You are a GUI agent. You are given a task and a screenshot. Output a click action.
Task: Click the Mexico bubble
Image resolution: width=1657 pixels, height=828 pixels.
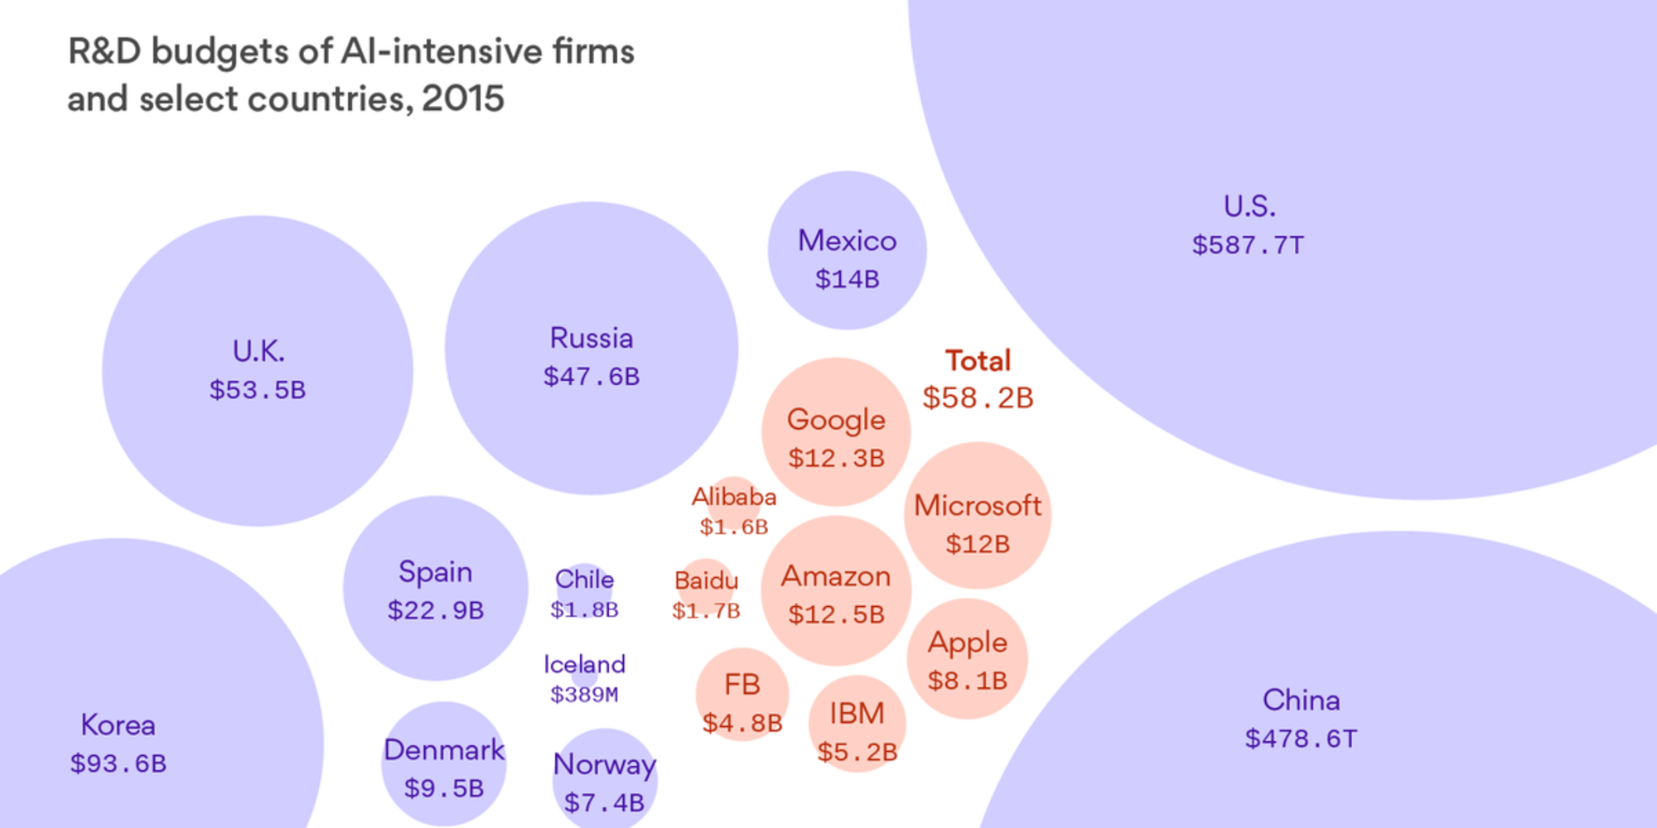847,250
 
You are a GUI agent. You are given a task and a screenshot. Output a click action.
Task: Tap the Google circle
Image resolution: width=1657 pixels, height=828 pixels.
836,432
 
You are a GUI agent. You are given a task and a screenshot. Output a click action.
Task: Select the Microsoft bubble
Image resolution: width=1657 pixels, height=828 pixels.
978,515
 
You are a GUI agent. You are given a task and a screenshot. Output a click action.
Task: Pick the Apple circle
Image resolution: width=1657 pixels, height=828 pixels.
967,659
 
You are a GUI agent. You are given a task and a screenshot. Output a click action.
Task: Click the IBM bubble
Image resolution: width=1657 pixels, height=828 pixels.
857,724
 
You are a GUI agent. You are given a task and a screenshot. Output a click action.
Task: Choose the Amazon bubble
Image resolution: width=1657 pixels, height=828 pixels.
836,590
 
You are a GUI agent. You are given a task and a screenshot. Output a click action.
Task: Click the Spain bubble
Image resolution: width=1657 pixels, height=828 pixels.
436,589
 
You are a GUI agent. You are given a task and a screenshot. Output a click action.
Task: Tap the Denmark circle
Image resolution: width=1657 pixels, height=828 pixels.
444,763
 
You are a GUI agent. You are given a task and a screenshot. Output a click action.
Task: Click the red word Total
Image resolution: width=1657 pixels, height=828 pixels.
978,361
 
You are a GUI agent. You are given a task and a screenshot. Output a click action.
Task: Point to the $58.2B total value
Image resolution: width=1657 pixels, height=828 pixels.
978,398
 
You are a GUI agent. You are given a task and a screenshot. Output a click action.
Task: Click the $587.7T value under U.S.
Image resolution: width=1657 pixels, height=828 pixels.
1248,245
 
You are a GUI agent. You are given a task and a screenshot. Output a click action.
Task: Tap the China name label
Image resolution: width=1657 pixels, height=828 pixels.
1301,700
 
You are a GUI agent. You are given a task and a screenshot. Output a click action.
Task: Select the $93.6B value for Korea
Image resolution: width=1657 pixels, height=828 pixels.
118,763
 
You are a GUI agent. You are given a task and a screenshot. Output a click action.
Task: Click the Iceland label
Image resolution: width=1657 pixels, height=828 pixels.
584,664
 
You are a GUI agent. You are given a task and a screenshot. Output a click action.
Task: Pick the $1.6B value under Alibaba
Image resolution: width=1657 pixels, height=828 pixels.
734,527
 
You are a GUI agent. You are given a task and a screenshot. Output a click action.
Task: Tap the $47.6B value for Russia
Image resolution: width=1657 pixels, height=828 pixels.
592,377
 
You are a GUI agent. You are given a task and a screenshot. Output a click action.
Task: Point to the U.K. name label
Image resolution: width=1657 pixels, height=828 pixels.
258,352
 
